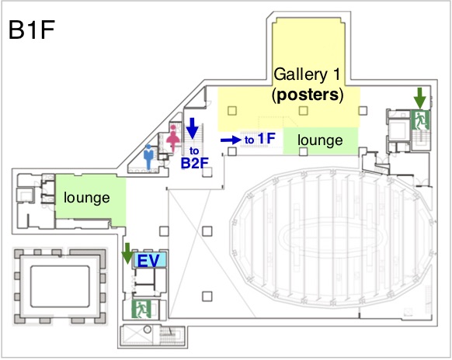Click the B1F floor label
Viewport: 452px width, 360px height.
point(31,30)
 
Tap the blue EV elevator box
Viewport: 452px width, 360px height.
point(149,260)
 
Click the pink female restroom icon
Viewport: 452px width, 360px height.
point(173,138)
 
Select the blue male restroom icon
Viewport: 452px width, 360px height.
point(148,157)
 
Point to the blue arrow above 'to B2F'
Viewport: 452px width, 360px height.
point(193,128)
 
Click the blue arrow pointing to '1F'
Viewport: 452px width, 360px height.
point(231,140)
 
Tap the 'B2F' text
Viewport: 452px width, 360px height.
point(195,163)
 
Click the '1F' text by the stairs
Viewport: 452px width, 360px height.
point(266,139)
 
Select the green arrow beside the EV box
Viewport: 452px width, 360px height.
point(127,253)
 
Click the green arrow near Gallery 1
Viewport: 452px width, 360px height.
point(420,99)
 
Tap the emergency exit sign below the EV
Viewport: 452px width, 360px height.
point(141,310)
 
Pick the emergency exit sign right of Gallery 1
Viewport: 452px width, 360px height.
point(420,120)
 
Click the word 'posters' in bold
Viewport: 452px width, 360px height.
point(308,95)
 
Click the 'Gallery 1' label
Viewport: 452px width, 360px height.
point(307,74)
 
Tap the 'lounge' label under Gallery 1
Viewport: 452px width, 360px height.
point(320,140)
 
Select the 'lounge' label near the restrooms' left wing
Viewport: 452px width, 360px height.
point(87,198)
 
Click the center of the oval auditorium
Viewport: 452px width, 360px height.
point(332,237)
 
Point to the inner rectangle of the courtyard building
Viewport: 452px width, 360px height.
point(60,286)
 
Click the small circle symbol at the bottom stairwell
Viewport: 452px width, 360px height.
point(148,329)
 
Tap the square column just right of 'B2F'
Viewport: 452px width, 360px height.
point(207,171)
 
